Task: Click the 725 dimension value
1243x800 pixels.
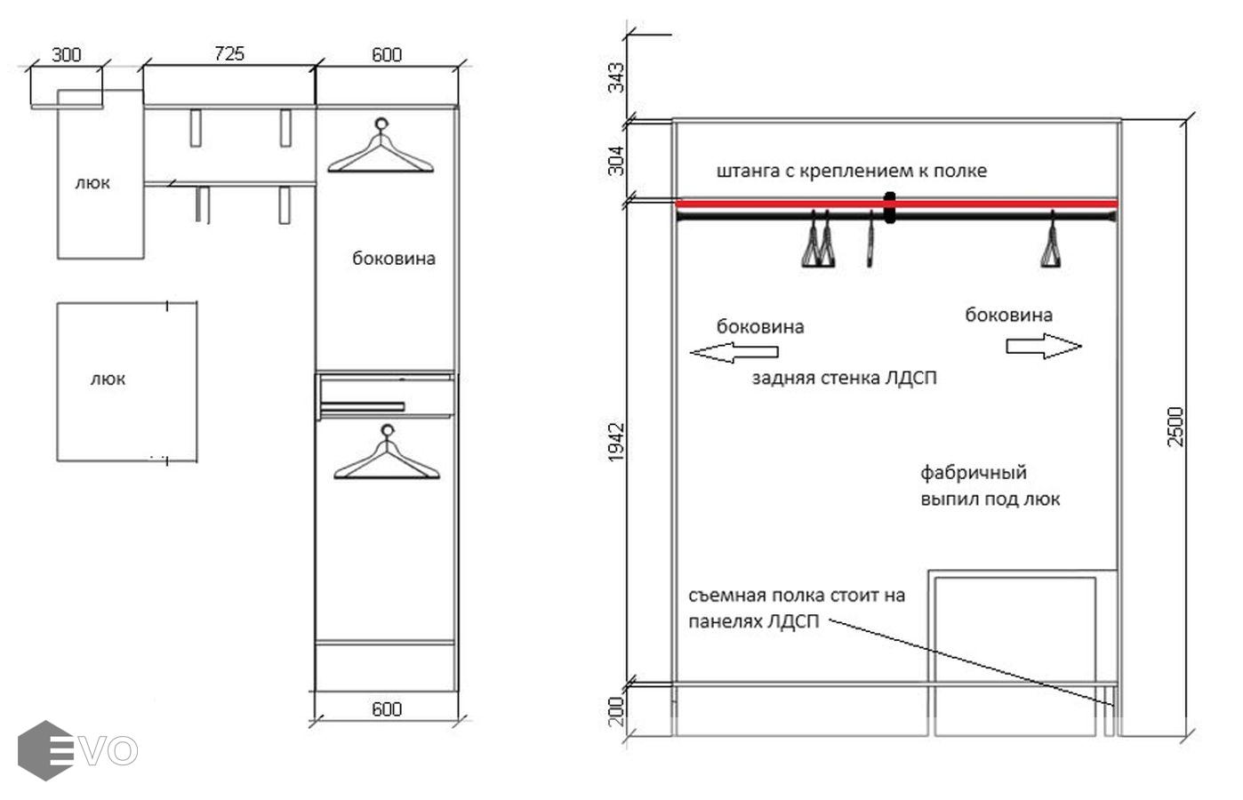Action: [229, 53]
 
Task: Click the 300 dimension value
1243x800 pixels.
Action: [66, 54]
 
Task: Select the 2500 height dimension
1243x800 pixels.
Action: [1175, 427]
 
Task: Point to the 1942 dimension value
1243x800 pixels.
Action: [616, 442]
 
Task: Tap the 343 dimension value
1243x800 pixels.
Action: [616, 77]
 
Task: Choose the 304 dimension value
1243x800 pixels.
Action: [616, 161]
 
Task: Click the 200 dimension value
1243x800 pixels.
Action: [616, 711]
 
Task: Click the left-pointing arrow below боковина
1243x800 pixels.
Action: [734, 352]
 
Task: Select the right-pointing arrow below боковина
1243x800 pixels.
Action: [1044, 346]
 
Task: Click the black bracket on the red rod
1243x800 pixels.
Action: [889, 207]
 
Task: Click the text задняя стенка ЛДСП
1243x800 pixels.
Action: [844, 379]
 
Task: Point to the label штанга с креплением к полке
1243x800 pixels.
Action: [852, 171]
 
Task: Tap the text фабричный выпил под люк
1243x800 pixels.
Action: [990, 486]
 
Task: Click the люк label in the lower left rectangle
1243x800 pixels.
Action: [108, 380]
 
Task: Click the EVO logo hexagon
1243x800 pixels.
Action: [45, 750]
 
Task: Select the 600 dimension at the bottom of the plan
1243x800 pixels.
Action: [387, 709]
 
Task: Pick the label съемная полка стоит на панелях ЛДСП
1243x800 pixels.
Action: [797, 609]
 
